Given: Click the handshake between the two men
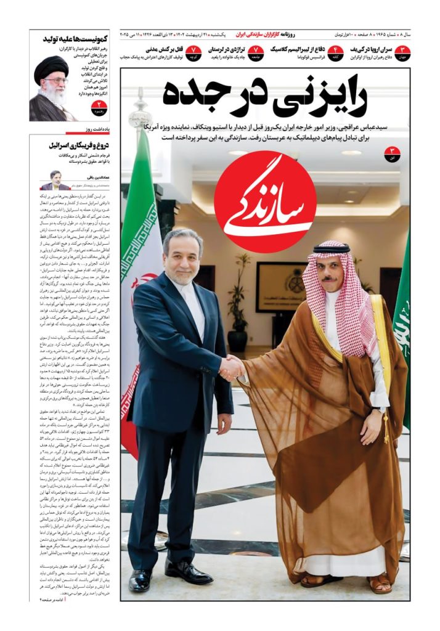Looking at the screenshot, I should (231, 367).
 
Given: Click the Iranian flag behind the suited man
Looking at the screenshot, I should (140, 259).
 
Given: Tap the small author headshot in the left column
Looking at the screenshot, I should (55, 181).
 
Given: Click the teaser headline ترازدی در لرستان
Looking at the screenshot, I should (228, 49).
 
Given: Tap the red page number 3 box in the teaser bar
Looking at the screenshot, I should (402, 52).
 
